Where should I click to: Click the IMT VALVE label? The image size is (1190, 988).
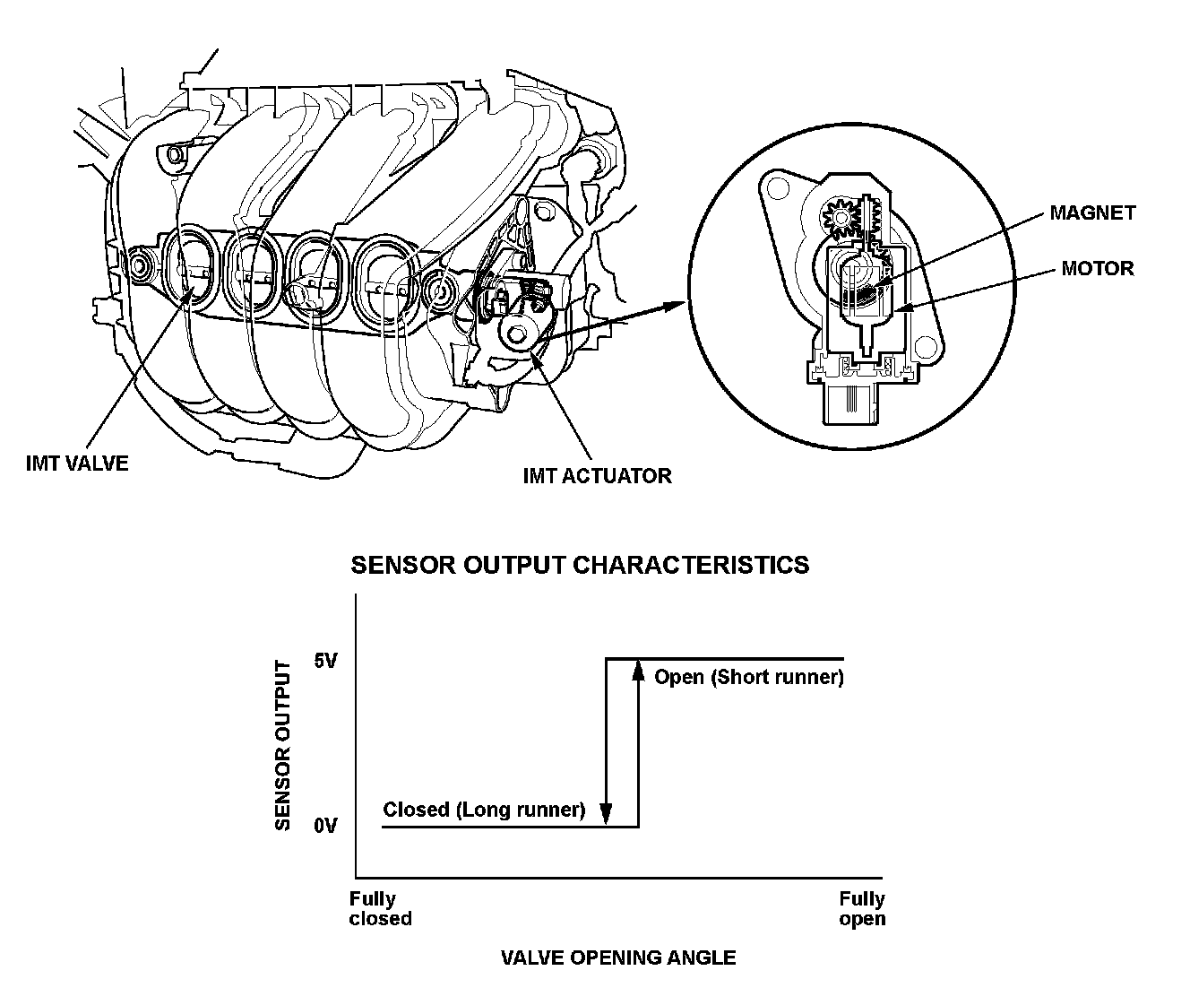(78, 464)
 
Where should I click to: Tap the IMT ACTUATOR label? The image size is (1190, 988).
(597, 475)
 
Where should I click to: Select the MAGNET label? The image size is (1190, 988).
(1092, 213)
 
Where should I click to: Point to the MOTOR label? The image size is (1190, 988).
(1097, 268)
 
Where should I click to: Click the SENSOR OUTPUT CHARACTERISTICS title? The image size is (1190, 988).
(579, 565)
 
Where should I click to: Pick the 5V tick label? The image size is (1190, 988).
(325, 662)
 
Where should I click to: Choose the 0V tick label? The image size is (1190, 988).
(325, 826)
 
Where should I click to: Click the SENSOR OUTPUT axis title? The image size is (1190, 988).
(283, 745)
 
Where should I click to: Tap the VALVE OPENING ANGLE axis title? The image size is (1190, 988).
(618, 958)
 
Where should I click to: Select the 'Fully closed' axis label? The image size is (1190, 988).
(380, 908)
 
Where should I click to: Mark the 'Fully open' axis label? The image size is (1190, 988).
(862, 908)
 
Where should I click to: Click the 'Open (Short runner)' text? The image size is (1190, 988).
(749, 677)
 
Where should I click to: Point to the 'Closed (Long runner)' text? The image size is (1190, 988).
(484, 810)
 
